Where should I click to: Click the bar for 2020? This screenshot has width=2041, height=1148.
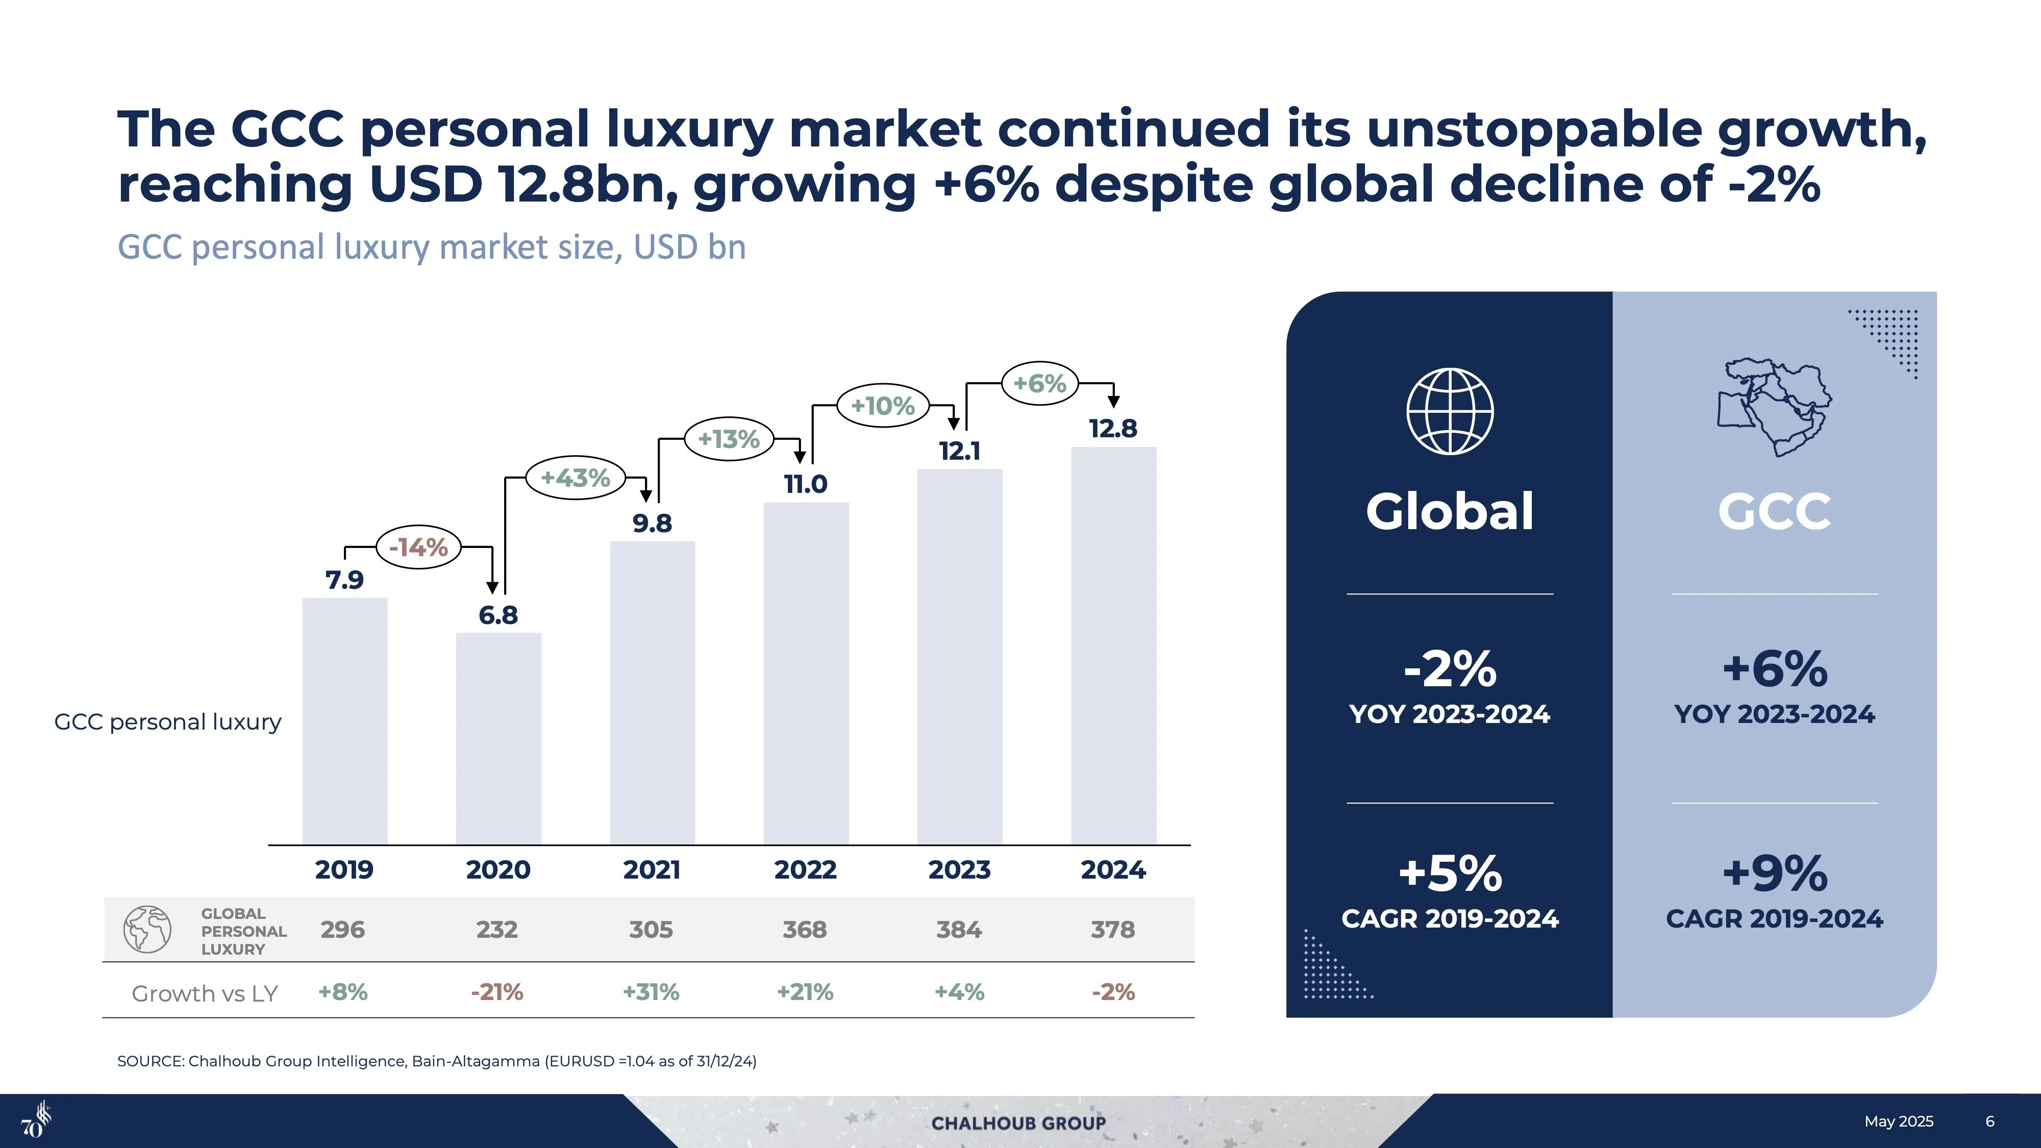coord(499,738)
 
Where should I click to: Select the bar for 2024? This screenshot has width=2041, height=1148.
coord(1114,646)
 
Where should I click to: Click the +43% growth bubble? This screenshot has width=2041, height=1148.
coord(575,478)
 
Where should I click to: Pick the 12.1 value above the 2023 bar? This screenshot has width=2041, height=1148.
coord(959,451)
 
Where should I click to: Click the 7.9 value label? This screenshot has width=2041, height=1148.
coord(344,580)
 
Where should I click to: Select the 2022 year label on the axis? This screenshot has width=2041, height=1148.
coord(806,870)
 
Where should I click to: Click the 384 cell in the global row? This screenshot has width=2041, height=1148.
coord(959,929)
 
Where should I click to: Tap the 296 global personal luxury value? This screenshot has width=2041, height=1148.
coord(343,929)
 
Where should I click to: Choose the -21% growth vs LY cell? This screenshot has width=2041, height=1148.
coord(497,992)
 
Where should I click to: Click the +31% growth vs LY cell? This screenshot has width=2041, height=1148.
coord(651,992)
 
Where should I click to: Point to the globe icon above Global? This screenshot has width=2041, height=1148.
coord(1450,411)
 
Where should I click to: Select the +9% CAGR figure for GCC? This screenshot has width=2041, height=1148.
coord(1775,873)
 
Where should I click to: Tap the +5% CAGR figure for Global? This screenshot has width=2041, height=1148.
coord(1450,873)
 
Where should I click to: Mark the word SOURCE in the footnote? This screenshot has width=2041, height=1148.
coord(151,1061)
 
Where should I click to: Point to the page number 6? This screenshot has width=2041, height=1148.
coord(1989,1121)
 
